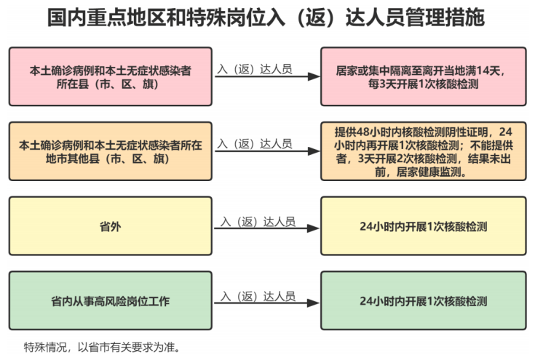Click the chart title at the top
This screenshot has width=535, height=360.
[x=266, y=18]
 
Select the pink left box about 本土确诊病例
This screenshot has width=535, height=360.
[x=111, y=77]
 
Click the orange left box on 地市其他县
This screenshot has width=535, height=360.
[x=111, y=151]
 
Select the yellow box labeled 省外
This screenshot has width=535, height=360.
[x=111, y=227]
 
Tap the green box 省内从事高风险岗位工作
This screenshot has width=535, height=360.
[x=111, y=300]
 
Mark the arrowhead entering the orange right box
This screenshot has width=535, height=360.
[x=315, y=151]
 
